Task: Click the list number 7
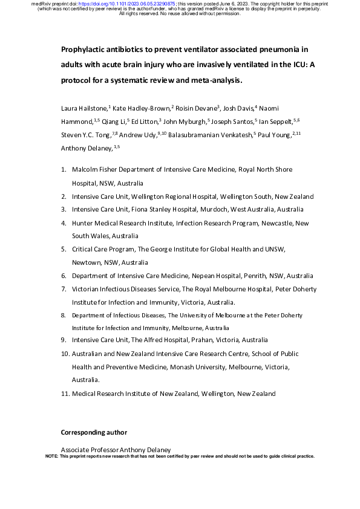pos(64,288)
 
